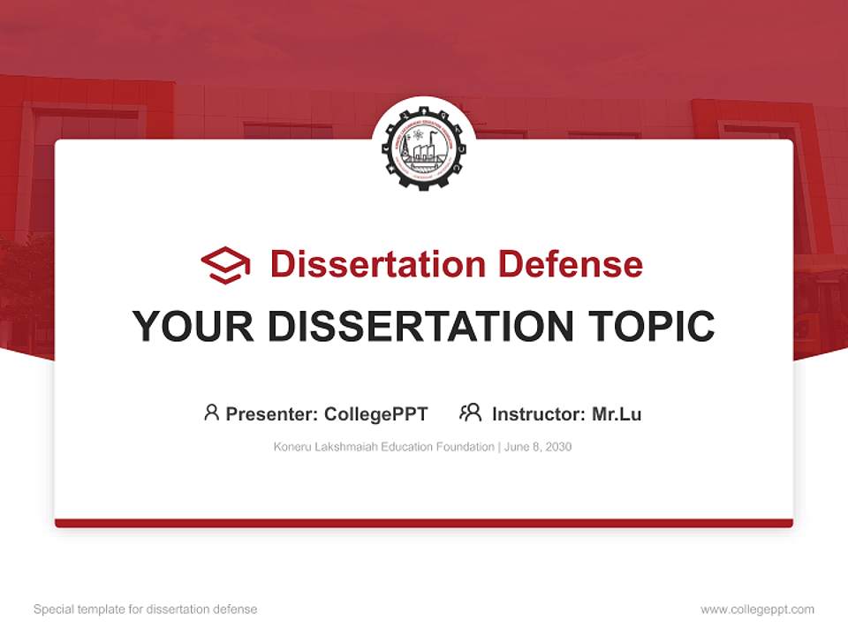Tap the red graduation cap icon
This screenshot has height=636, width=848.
coord(225,264)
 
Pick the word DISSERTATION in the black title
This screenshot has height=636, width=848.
coord(420,327)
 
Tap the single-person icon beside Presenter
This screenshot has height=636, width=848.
coord(211,413)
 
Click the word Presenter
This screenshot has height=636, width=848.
coord(270,414)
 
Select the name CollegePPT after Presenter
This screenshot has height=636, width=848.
coord(376,414)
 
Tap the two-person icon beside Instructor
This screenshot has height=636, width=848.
coord(470,413)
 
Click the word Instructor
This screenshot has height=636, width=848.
coord(537,414)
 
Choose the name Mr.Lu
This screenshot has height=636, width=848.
coord(617,414)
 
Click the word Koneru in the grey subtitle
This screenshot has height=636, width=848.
coord(293,447)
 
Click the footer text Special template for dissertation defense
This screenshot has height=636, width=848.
coord(146,609)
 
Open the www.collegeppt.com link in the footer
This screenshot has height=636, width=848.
coord(757,609)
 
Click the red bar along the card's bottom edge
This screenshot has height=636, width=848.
coord(424,523)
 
